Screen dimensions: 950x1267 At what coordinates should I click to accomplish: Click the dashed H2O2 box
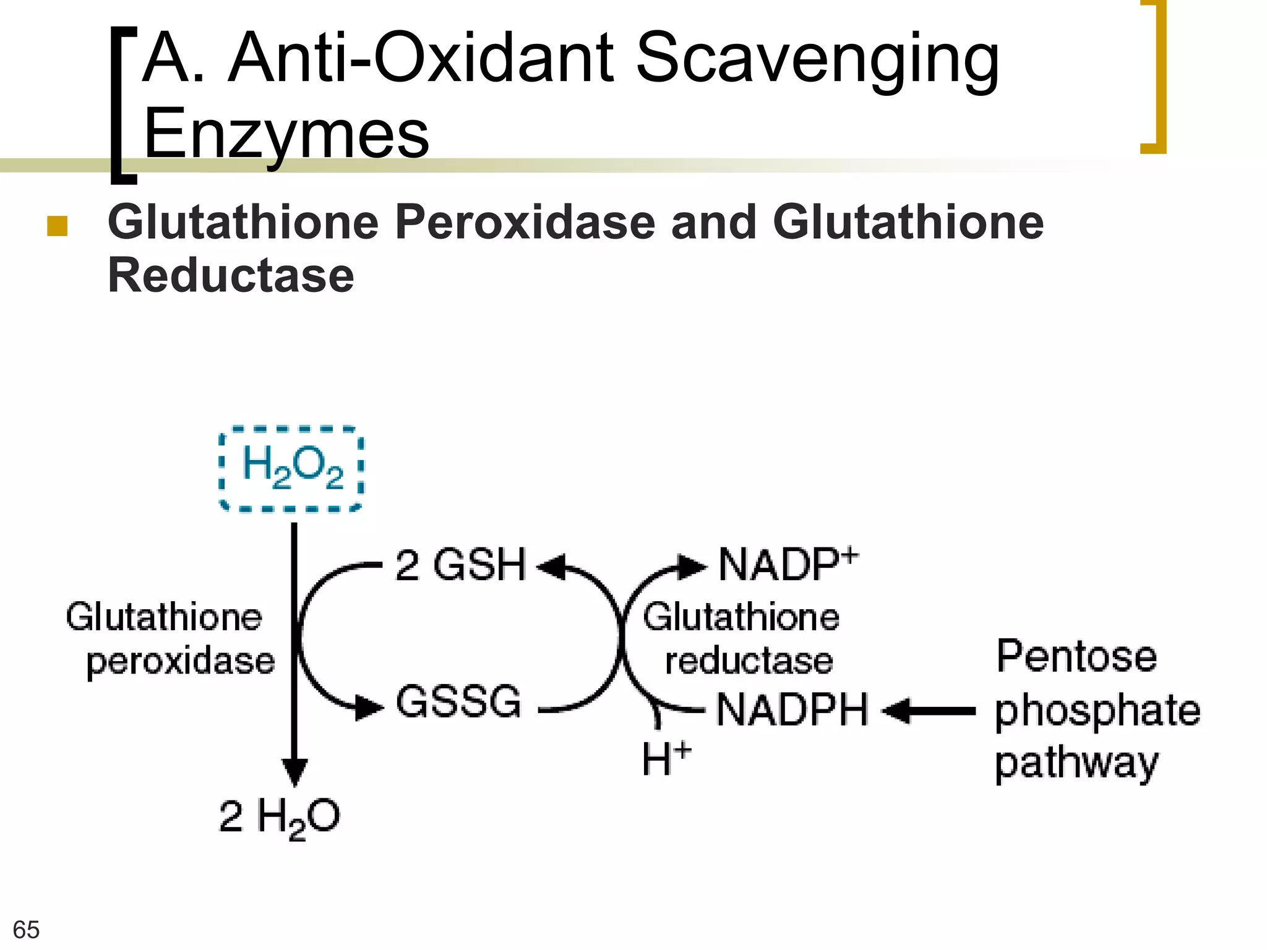pyautogui.click(x=291, y=469)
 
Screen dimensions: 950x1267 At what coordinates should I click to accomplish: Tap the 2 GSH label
pyautogui.click(x=460, y=565)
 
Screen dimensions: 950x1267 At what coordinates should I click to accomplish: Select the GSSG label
pyautogui.click(x=458, y=702)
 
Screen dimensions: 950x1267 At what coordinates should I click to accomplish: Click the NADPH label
pyautogui.click(x=792, y=710)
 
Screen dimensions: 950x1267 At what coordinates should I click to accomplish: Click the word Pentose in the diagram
pyautogui.click(x=1076, y=657)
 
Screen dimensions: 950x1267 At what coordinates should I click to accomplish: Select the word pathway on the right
pyautogui.click(x=1076, y=764)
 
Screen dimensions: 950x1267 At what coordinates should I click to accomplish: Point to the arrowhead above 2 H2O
pyautogui.click(x=294, y=772)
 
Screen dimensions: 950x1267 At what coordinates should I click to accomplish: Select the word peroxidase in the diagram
pyautogui.click(x=181, y=662)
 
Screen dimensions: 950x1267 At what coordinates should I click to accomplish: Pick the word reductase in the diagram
pyautogui.click(x=749, y=661)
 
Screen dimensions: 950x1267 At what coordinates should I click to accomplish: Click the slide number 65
pyautogui.click(x=26, y=930)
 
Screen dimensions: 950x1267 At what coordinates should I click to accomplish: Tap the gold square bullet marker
pyautogui.click(x=57, y=226)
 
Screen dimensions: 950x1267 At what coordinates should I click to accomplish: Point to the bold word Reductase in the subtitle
pyautogui.click(x=231, y=275)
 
